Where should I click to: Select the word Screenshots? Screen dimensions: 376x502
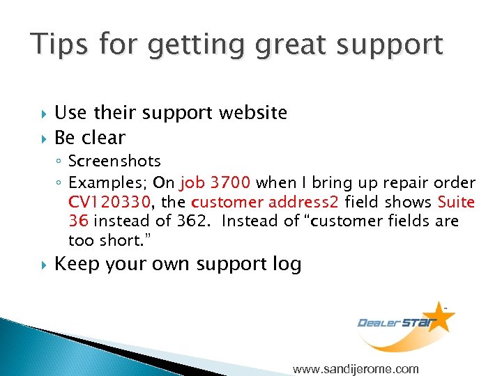(114, 162)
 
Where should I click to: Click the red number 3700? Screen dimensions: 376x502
(227, 183)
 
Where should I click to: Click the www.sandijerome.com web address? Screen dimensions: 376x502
(356, 369)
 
